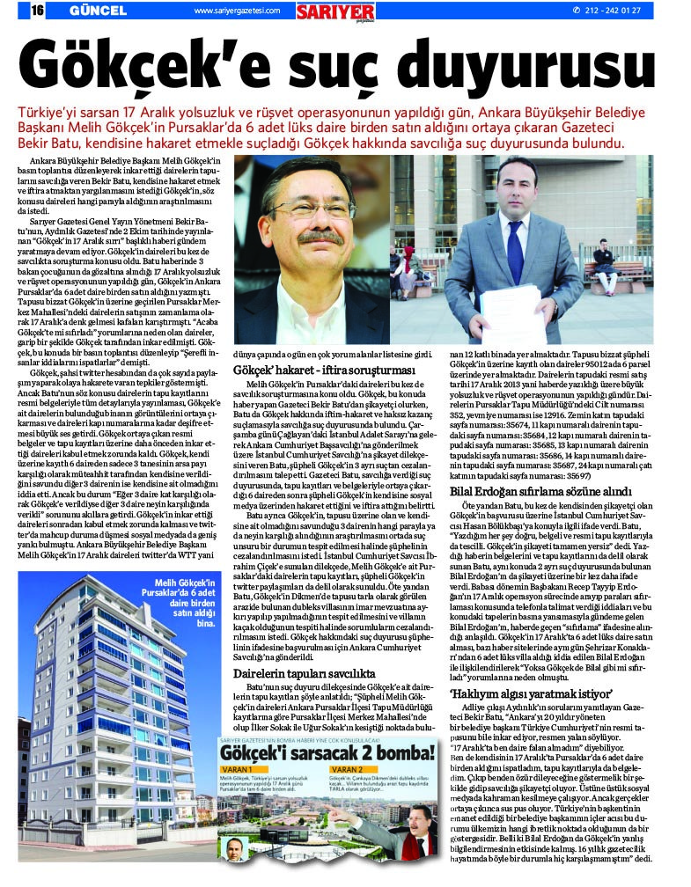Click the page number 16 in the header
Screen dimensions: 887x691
tap(39, 11)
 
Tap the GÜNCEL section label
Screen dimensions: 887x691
tap(94, 11)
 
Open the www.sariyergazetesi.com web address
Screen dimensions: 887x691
tap(236, 11)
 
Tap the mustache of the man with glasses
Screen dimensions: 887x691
tap(320, 239)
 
